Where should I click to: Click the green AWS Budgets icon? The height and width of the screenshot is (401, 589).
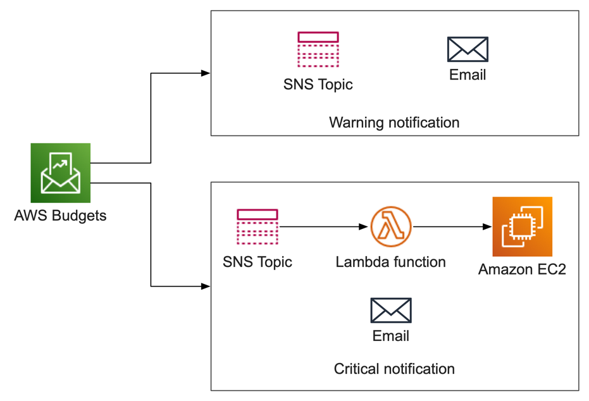tap(61, 173)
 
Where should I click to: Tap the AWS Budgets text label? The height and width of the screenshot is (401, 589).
tap(60, 216)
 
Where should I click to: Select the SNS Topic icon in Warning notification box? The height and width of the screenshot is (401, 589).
tap(318, 49)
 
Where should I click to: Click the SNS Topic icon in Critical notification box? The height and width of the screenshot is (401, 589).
tap(257, 226)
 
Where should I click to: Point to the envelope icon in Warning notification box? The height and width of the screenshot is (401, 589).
tap(468, 49)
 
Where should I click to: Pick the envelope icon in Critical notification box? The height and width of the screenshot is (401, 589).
tap(391, 311)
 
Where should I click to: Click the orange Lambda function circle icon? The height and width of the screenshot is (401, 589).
tap(391, 226)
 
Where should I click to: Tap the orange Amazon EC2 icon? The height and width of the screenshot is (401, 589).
tap(522, 226)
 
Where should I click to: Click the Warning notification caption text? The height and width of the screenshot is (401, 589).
tap(394, 122)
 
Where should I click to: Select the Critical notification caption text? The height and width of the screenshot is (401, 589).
tap(394, 368)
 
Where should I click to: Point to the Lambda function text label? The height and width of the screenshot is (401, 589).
tap(391, 262)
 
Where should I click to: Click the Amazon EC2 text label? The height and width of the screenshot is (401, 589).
tap(522, 269)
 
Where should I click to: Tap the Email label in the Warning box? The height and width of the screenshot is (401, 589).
tap(468, 75)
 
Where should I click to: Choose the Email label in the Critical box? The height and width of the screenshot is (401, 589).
tap(391, 336)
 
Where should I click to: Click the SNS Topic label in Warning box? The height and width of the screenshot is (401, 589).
tap(318, 84)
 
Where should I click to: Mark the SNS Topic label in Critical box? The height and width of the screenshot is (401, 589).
tap(257, 262)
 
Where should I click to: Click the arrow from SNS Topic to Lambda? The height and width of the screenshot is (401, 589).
tap(324, 226)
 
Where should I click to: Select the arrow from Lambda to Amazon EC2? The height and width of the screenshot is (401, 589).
tap(452, 226)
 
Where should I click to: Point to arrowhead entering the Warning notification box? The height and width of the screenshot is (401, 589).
tap(206, 73)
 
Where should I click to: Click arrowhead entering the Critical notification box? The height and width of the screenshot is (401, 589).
tap(206, 287)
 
